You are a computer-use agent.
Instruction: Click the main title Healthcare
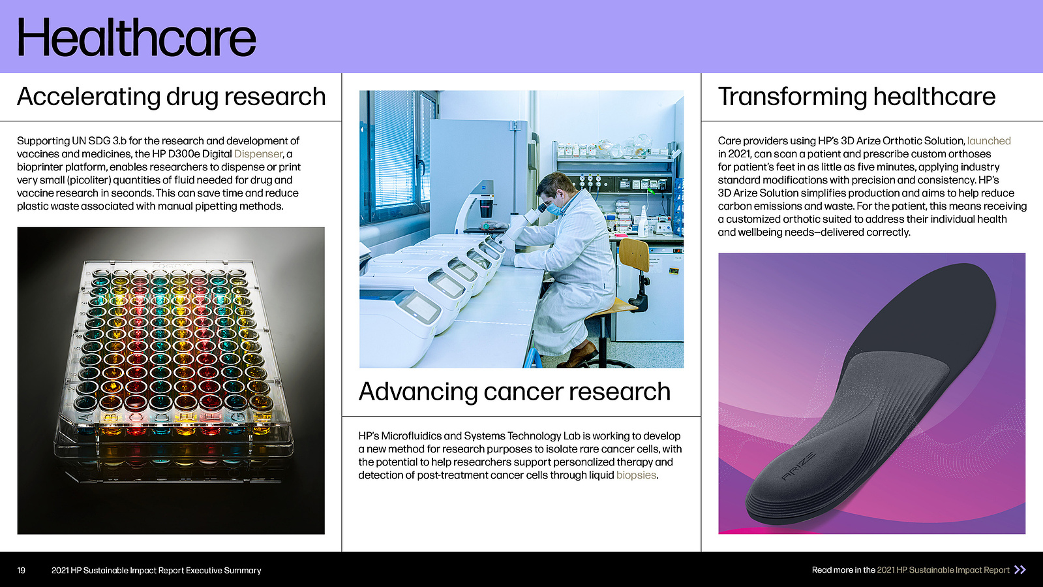[x=136, y=38]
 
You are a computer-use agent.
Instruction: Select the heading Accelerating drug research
[x=172, y=97]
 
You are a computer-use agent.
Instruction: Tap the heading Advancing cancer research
[x=515, y=391]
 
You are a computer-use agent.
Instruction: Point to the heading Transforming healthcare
[x=856, y=97]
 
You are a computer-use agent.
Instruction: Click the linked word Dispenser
[x=258, y=154]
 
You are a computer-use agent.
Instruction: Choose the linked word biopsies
[x=636, y=475]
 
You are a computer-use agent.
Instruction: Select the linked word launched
[x=988, y=141]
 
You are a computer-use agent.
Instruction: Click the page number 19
[x=22, y=570]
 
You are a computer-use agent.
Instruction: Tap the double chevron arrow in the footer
[x=1020, y=570]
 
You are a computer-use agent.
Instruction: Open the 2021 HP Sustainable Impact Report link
[x=943, y=570]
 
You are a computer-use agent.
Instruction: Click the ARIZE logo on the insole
[x=798, y=466]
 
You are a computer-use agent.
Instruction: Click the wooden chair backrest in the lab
[x=634, y=255]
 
